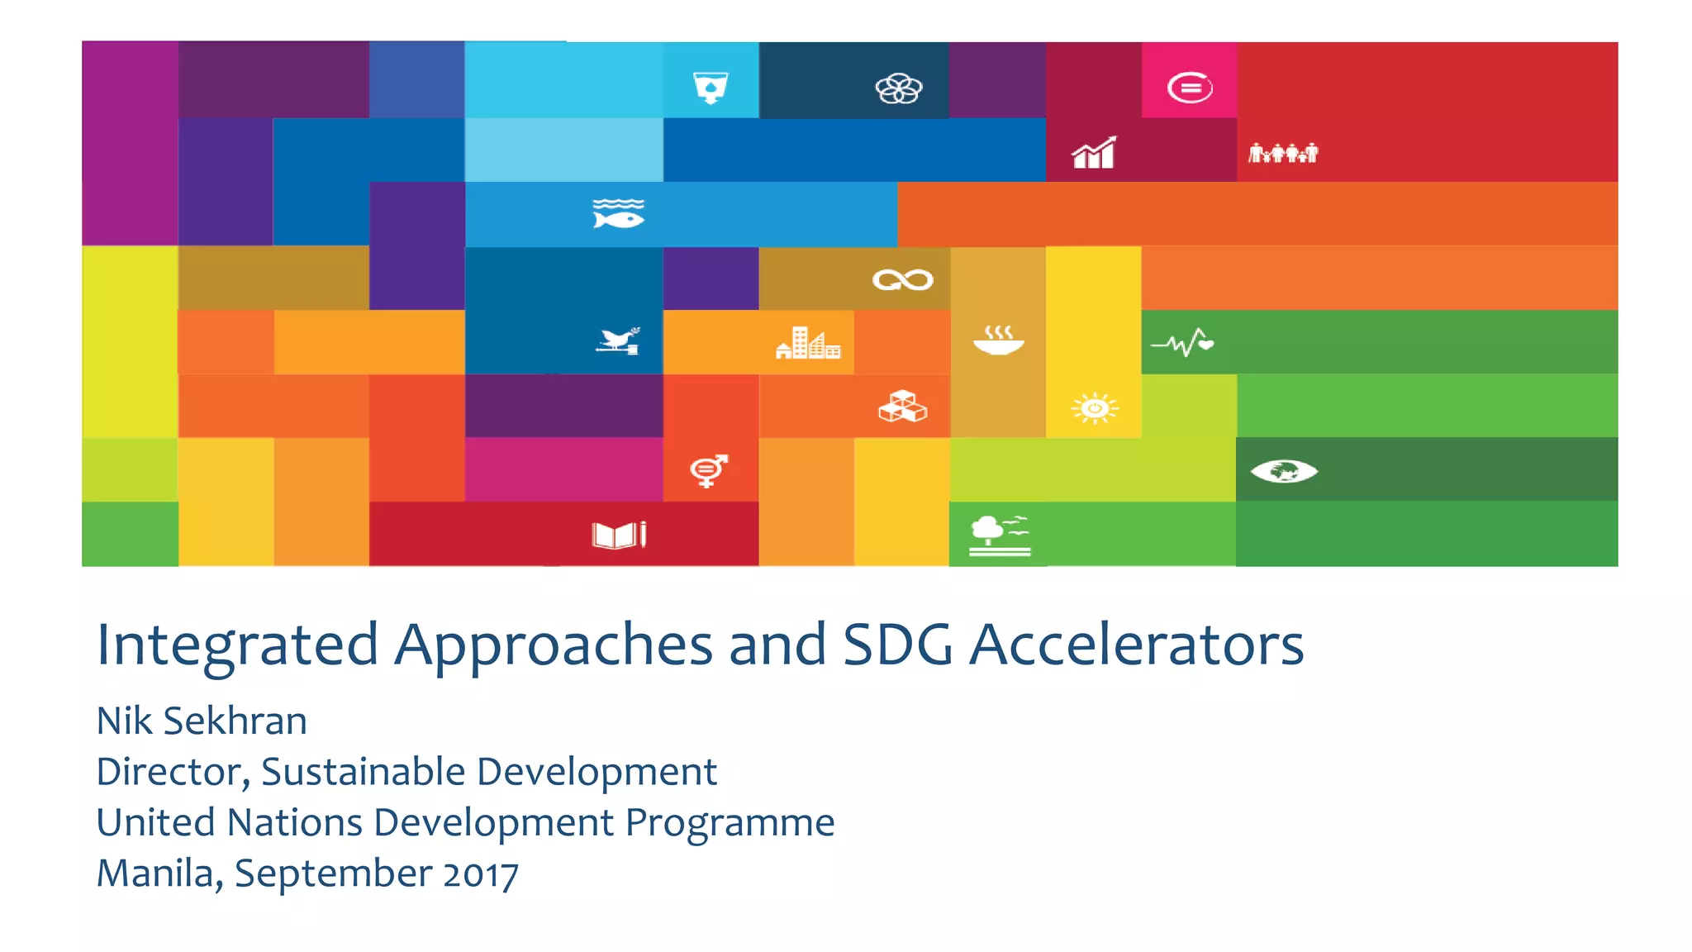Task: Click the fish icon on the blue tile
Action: (x=618, y=214)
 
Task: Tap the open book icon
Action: (x=619, y=535)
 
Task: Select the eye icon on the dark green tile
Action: (x=1284, y=471)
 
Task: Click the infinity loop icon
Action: (x=902, y=280)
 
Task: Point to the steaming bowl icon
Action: (x=999, y=340)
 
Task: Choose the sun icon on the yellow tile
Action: (x=1095, y=408)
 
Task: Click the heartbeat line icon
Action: (x=1183, y=342)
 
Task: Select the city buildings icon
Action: (x=808, y=343)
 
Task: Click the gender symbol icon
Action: (x=709, y=470)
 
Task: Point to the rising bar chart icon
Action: (x=1094, y=153)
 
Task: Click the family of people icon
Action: (x=1283, y=153)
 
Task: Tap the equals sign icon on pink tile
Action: (x=1190, y=88)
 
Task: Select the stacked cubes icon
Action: (x=902, y=407)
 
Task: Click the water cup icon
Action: (x=711, y=88)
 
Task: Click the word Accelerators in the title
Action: (x=1136, y=645)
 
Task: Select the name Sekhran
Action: (x=235, y=721)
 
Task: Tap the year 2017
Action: (x=481, y=874)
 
